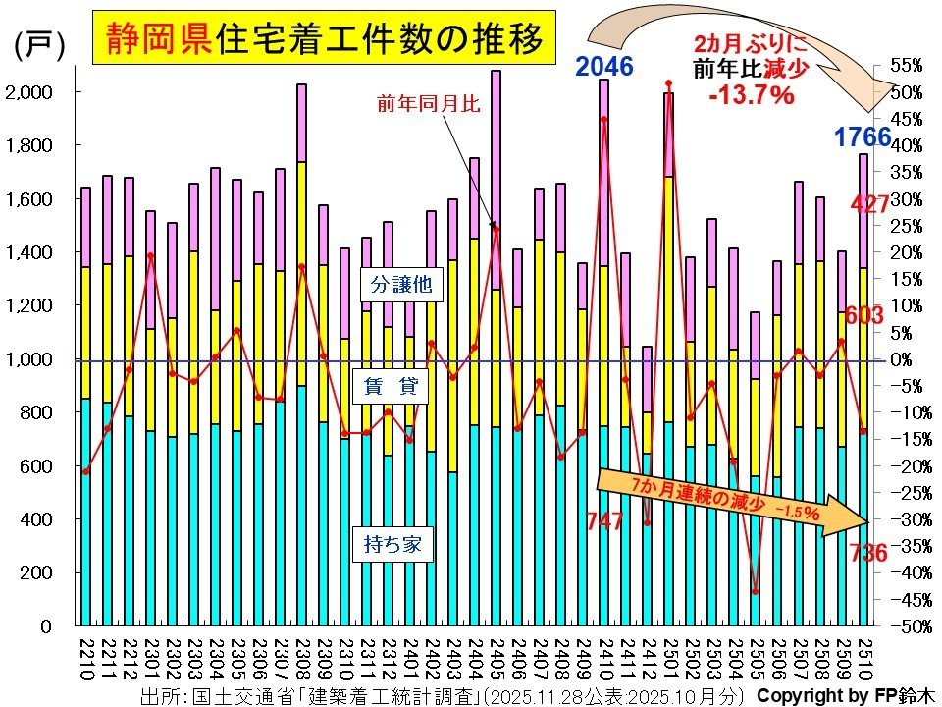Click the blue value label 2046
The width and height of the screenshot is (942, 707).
coord(604,67)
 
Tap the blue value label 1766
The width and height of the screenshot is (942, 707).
coord(862,137)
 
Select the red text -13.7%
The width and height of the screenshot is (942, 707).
coord(750,95)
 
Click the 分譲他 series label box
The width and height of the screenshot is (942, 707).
coord(401,285)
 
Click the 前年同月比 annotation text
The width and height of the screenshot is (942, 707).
coord(429,102)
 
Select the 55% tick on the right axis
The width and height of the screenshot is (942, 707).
coord(907,66)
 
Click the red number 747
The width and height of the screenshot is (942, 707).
coord(605,521)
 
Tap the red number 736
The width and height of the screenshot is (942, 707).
coord(868,554)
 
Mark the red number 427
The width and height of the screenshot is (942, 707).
coord(871,204)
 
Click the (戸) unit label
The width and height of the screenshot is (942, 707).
coord(38,46)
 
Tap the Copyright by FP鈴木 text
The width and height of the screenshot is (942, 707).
coord(843,695)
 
